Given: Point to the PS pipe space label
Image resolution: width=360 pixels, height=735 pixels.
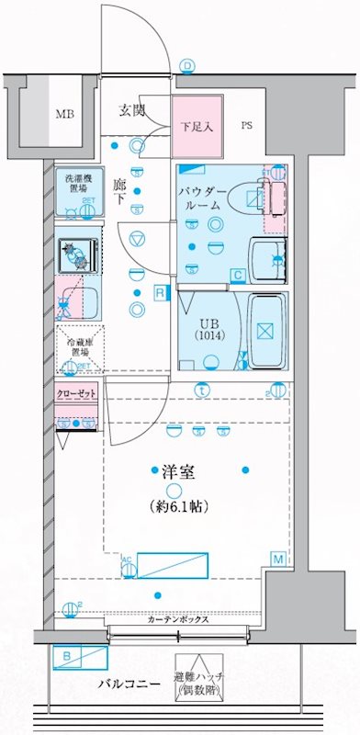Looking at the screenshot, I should point(248,126).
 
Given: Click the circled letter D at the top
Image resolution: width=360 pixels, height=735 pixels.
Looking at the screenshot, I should point(187,65).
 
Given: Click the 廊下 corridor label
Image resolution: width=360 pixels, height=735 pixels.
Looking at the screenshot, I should point(119,191).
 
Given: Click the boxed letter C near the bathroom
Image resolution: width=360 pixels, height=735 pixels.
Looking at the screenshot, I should point(237,275).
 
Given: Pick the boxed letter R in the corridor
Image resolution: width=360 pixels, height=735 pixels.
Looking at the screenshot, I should point(160,293).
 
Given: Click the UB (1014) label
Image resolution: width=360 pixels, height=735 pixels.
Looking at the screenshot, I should point(208,328).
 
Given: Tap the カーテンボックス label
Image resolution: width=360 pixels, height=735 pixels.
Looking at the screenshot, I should point(177,619).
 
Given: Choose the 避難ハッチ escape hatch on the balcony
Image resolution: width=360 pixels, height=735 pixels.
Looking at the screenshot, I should point(199,679).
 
